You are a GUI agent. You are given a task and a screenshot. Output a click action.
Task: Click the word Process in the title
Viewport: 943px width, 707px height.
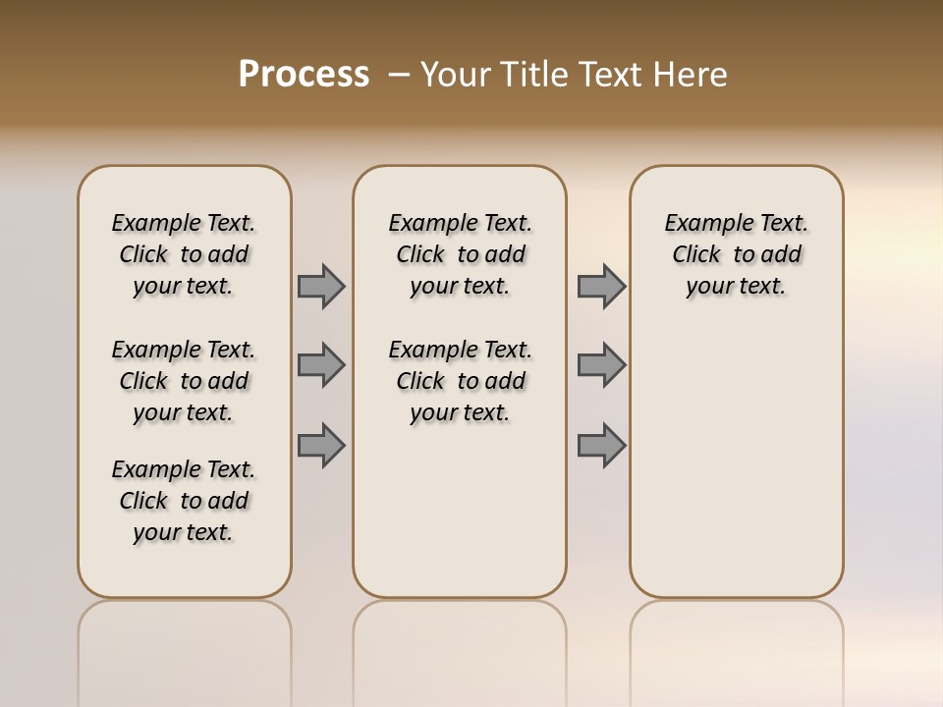[304, 75]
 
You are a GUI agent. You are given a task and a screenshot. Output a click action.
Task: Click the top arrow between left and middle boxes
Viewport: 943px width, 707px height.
[321, 286]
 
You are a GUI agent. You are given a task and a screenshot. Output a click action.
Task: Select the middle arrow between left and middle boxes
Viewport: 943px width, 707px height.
[321, 365]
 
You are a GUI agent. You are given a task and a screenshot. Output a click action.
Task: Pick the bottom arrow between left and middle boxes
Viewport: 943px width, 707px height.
[321, 445]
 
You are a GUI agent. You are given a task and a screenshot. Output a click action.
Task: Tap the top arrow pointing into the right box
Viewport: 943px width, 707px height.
[601, 286]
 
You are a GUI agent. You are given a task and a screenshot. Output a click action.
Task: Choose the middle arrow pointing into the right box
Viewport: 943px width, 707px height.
[601, 365]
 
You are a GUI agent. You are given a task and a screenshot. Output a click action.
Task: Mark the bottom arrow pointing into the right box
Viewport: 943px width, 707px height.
[601, 445]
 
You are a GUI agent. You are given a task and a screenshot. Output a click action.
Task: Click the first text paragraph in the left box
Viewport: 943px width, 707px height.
[184, 254]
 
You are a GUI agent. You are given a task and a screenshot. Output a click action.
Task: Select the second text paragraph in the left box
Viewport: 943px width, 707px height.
[184, 381]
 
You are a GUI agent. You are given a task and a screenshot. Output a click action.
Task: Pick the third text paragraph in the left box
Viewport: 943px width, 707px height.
[184, 501]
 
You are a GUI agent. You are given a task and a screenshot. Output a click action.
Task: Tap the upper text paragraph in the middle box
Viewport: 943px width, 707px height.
[460, 254]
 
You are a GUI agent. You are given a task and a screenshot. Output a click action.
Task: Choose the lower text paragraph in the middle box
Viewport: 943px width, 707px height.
[460, 381]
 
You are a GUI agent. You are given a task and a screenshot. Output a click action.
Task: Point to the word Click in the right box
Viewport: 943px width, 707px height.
[696, 255]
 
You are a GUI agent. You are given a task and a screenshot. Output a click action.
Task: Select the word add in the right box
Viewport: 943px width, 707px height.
[781, 255]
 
